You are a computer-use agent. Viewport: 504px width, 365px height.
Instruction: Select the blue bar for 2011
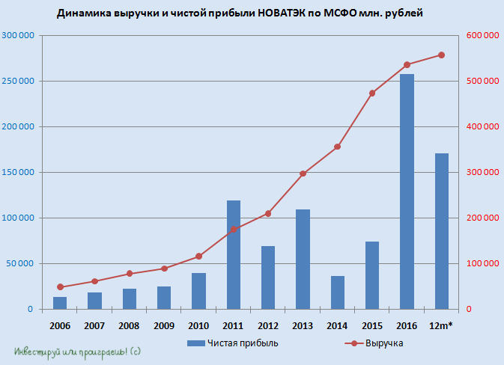pyautogui.click(x=234, y=255)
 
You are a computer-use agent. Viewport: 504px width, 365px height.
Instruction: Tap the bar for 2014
pyautogui.click(x=337, y=292)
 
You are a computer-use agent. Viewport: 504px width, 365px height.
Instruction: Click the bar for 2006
pyautogui.click(x=60, y=303)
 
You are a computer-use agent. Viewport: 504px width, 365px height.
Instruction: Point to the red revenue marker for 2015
pyautogui.click(x=372, y=93)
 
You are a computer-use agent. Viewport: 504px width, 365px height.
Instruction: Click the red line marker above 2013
pyautogui.click(x=303, y=174)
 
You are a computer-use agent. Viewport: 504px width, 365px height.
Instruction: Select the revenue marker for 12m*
pyautogui.click(x=441, y=55)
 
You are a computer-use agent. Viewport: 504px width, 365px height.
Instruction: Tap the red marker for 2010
pyautogui.click(x=198, y=257)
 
